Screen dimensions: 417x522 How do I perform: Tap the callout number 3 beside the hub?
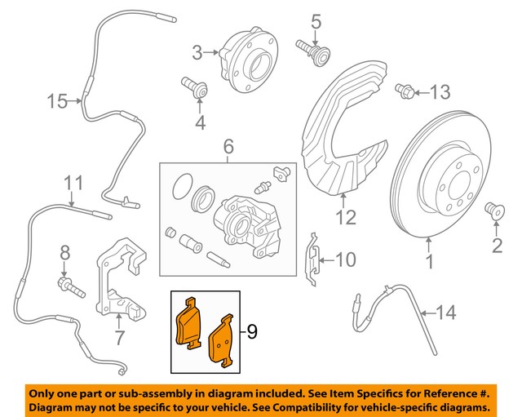point(197,53)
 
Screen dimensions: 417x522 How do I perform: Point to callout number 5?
point(316,20)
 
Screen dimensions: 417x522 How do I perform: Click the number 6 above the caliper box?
point(228,148)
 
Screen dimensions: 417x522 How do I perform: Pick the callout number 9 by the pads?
point(252,331)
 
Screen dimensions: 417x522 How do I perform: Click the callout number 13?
point(440,92)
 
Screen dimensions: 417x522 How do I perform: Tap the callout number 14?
point(445,311)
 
